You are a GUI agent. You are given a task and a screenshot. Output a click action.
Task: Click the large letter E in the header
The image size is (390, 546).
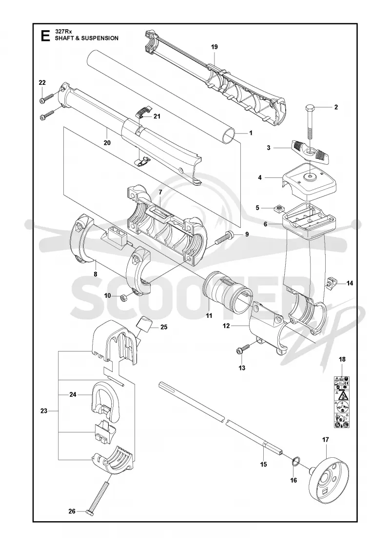click(x=45, y=36)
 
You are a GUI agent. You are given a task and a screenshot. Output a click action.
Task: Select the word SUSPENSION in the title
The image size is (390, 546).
click(x=101, y=39)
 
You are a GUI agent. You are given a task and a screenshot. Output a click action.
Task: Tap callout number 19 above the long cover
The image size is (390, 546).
click(x=214, y=47)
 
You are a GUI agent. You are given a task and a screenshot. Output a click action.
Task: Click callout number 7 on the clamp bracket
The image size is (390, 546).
click(x=160, y=192)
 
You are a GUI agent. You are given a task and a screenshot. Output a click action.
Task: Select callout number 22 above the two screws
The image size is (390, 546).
click(x=42, y=82)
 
